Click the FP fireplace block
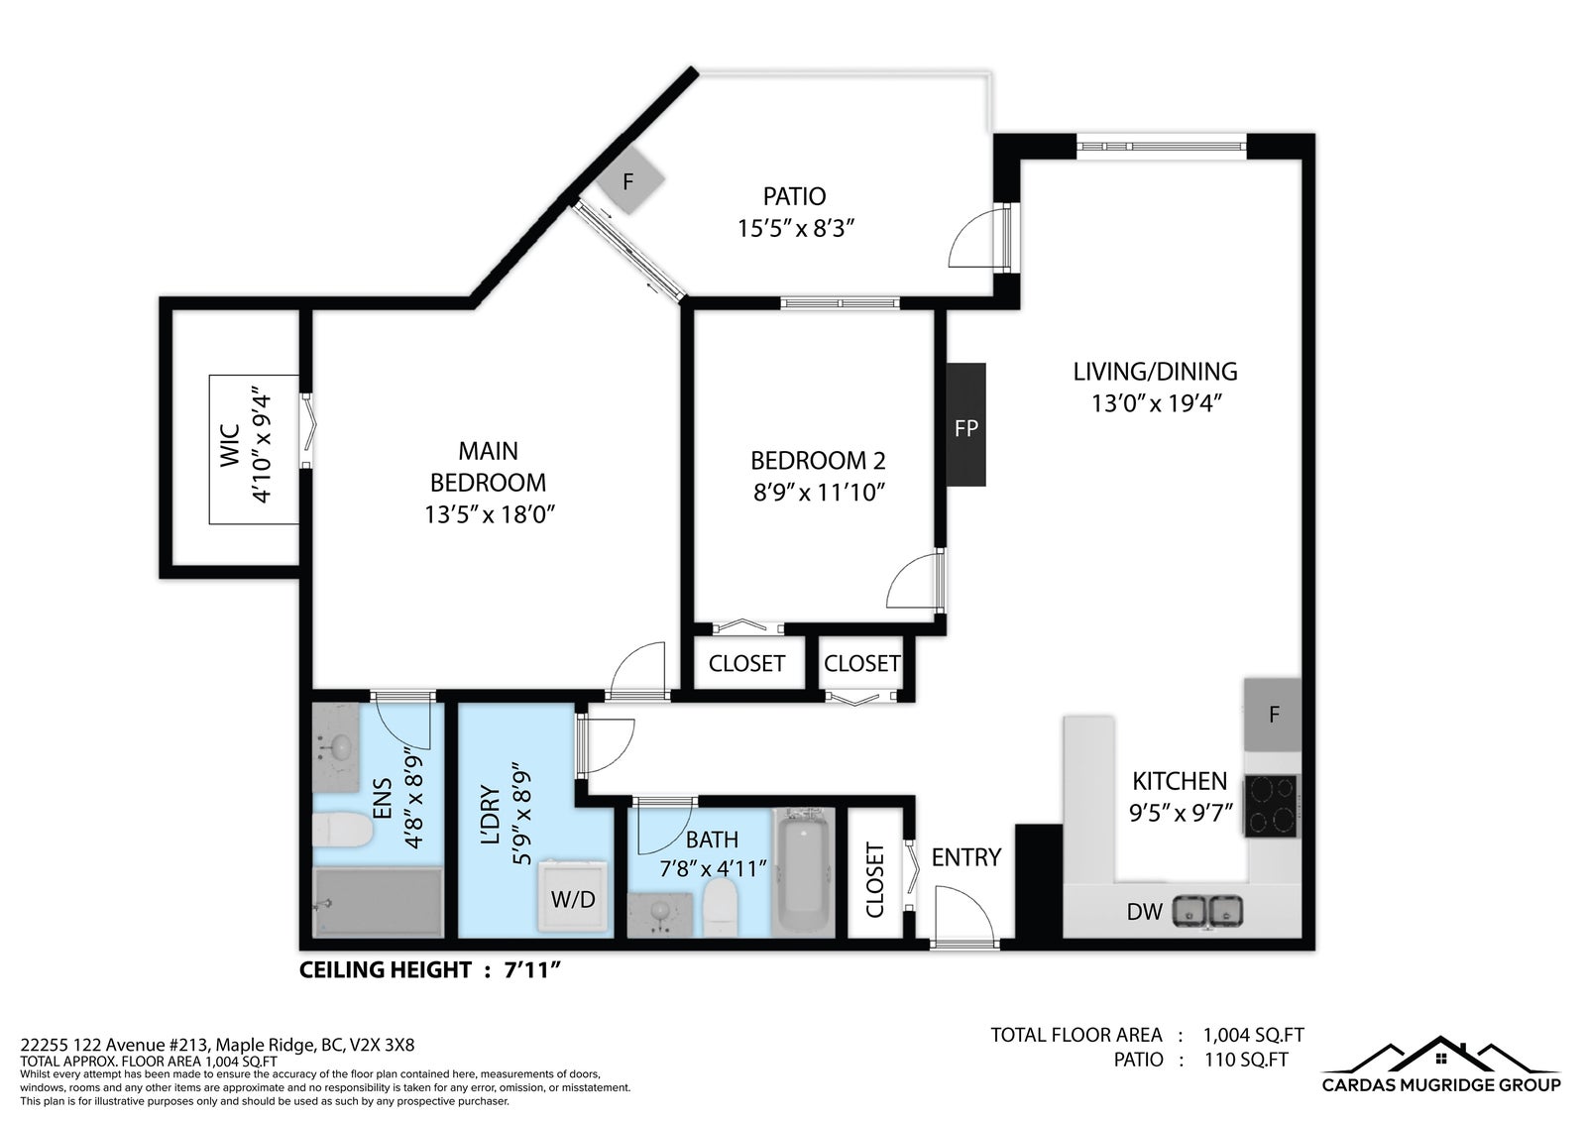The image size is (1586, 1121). point(965,425)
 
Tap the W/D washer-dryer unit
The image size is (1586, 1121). point(573,896)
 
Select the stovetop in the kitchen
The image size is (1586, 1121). point(1272,807)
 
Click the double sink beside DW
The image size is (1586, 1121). point(1207,912)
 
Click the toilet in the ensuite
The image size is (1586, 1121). point(343,830)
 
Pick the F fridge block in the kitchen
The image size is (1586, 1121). point(1273,715)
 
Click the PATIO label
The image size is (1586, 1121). point(794,196)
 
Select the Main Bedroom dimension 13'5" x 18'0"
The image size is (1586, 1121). point(490,514)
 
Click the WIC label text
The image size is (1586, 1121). point(230,446)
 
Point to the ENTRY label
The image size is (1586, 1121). point(965,857)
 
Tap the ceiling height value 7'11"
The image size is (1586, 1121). point(532,969)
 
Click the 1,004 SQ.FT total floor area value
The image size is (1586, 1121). point(1253,1036)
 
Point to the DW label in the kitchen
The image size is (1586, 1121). point(1144,912)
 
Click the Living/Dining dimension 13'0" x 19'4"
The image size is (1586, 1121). point(1157,403)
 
